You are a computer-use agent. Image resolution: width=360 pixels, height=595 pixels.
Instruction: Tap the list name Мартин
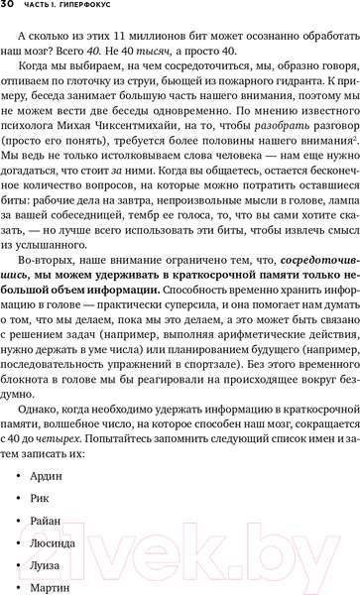(x=68, y=593)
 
